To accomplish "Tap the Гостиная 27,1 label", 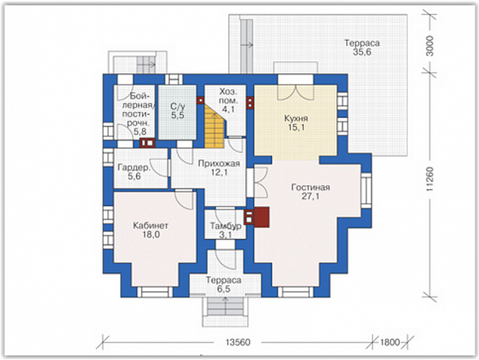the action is coord(311,191).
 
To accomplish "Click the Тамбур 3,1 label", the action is coord(225,231).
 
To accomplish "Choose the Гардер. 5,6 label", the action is coord(134,172).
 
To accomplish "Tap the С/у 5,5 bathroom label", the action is coord(178,111).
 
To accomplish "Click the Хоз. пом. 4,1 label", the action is coord(228,101).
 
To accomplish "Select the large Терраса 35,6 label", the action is coord(362,48).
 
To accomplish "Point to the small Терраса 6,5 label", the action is coord(224,284).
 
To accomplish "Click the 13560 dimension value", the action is coord(238,342).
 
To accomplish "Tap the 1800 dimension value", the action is coord(390,342).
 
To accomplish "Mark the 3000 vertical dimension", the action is coord(430,46).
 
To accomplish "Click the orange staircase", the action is coord(215,126).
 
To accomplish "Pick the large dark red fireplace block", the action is coord(261,217).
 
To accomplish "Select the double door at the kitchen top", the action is coord(295,92).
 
